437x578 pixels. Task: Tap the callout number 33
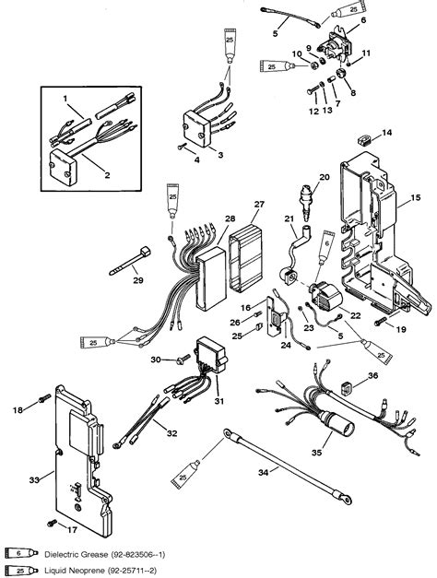35,478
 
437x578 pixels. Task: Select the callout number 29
136,278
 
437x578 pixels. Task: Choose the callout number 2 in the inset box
80,173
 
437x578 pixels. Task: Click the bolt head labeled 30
180,360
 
